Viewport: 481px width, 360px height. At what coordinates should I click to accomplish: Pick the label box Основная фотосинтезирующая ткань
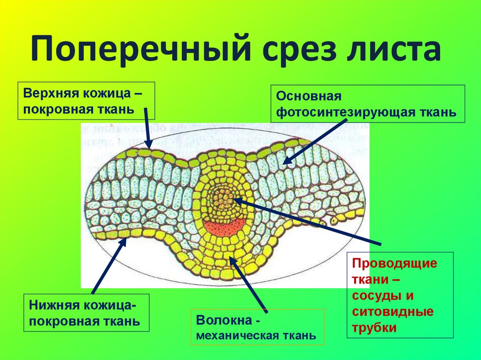point(367,104)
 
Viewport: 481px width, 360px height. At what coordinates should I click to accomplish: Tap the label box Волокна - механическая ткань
point(257,328)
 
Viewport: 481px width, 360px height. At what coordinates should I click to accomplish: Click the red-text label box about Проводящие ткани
point(400,295)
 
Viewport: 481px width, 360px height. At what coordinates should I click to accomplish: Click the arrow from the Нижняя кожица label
point(109,265)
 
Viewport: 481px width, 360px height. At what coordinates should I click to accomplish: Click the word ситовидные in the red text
point(393,313)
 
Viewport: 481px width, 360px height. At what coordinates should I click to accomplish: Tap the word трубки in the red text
point(375,328)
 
